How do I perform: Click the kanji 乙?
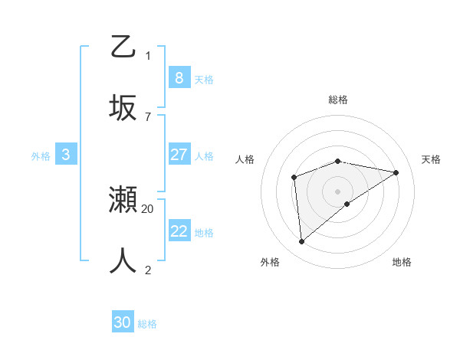[123, 47]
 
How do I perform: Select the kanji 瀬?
[123, 201]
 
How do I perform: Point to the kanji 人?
[123, 260]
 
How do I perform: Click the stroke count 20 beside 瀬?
[148, 208]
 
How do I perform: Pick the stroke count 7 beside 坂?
[148, 116]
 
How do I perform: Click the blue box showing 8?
[179, 78]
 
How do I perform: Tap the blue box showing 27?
[179, 155]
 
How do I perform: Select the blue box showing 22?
[179, 231]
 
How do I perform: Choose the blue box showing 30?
[123, 322]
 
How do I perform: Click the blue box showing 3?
[66, 155]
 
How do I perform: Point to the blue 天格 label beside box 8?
[204, 79]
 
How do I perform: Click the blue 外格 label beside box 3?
[41, 155]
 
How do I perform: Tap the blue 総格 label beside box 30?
[147, 323]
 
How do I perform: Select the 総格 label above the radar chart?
[338, 100]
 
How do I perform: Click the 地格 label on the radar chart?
[402, 262]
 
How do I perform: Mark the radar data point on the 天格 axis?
[396, 172]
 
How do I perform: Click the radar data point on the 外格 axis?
[302, 241]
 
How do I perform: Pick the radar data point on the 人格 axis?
[294, 178]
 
